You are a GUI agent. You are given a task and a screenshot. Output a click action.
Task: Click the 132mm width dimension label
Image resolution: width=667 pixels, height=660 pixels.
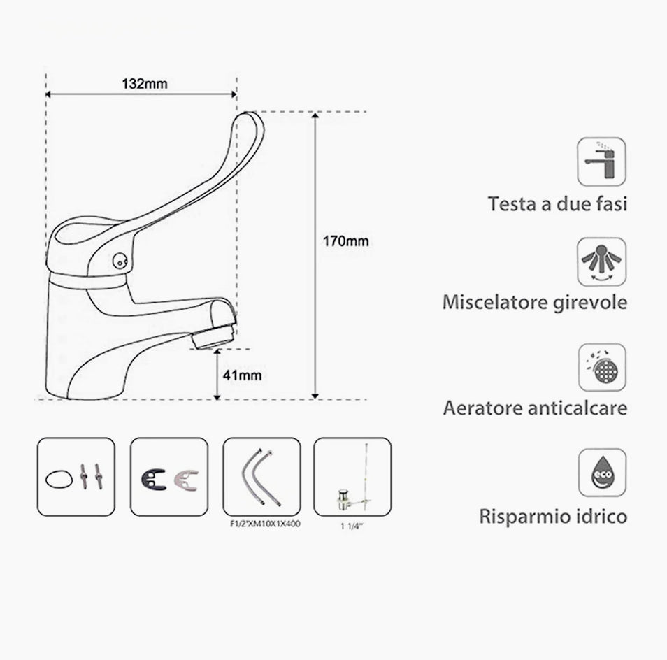[145, 84]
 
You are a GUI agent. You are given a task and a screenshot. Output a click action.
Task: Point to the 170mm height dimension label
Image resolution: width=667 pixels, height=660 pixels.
[345, 241]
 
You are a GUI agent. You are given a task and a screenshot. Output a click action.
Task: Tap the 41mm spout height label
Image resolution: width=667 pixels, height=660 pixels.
[242, 375]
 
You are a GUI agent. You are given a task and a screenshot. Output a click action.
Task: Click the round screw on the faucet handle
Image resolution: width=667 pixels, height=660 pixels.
[120, 261]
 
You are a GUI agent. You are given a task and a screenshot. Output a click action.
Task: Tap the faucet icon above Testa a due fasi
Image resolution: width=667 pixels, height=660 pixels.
[601, 162]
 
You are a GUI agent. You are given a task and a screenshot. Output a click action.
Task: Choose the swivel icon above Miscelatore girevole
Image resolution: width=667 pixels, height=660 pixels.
[601, 262]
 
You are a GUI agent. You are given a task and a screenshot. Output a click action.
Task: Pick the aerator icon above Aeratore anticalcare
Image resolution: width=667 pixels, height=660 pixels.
[602, 368]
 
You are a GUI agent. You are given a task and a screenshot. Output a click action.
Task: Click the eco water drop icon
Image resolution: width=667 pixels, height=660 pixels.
[602, 472]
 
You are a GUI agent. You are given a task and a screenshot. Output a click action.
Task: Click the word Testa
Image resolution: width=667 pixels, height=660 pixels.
[512, 203]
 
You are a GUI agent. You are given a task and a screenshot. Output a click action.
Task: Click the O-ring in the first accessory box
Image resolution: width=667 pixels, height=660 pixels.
[59, 479]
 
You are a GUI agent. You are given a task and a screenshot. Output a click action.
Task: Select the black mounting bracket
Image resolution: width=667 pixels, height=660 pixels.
[153, 479]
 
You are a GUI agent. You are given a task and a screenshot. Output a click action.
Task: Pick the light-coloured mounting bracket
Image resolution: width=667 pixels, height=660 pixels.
[186, 480]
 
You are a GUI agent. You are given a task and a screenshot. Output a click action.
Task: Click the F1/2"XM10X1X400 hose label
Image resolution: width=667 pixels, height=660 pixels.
[265, 524]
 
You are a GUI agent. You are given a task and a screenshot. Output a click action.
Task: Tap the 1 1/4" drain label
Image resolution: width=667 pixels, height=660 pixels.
[352, 526]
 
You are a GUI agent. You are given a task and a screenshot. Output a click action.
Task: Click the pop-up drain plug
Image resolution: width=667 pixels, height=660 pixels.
[343, 499]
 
